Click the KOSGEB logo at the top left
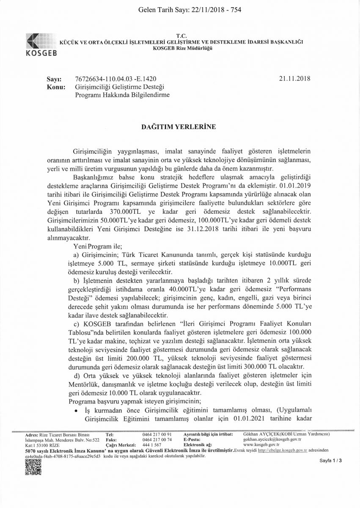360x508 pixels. pyautogui.click(x=40, y=44)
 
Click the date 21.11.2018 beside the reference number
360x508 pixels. pyautogui.click(x=295, y=79)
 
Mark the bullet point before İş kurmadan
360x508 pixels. pyautogui.click(x=76, y=410)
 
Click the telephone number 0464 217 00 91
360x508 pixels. pyautogui.click(x=157, y=435)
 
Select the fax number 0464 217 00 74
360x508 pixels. pyautogui.click(x=157, y=440)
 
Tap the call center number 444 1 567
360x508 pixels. pyautogui.click(x=152, y=445)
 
